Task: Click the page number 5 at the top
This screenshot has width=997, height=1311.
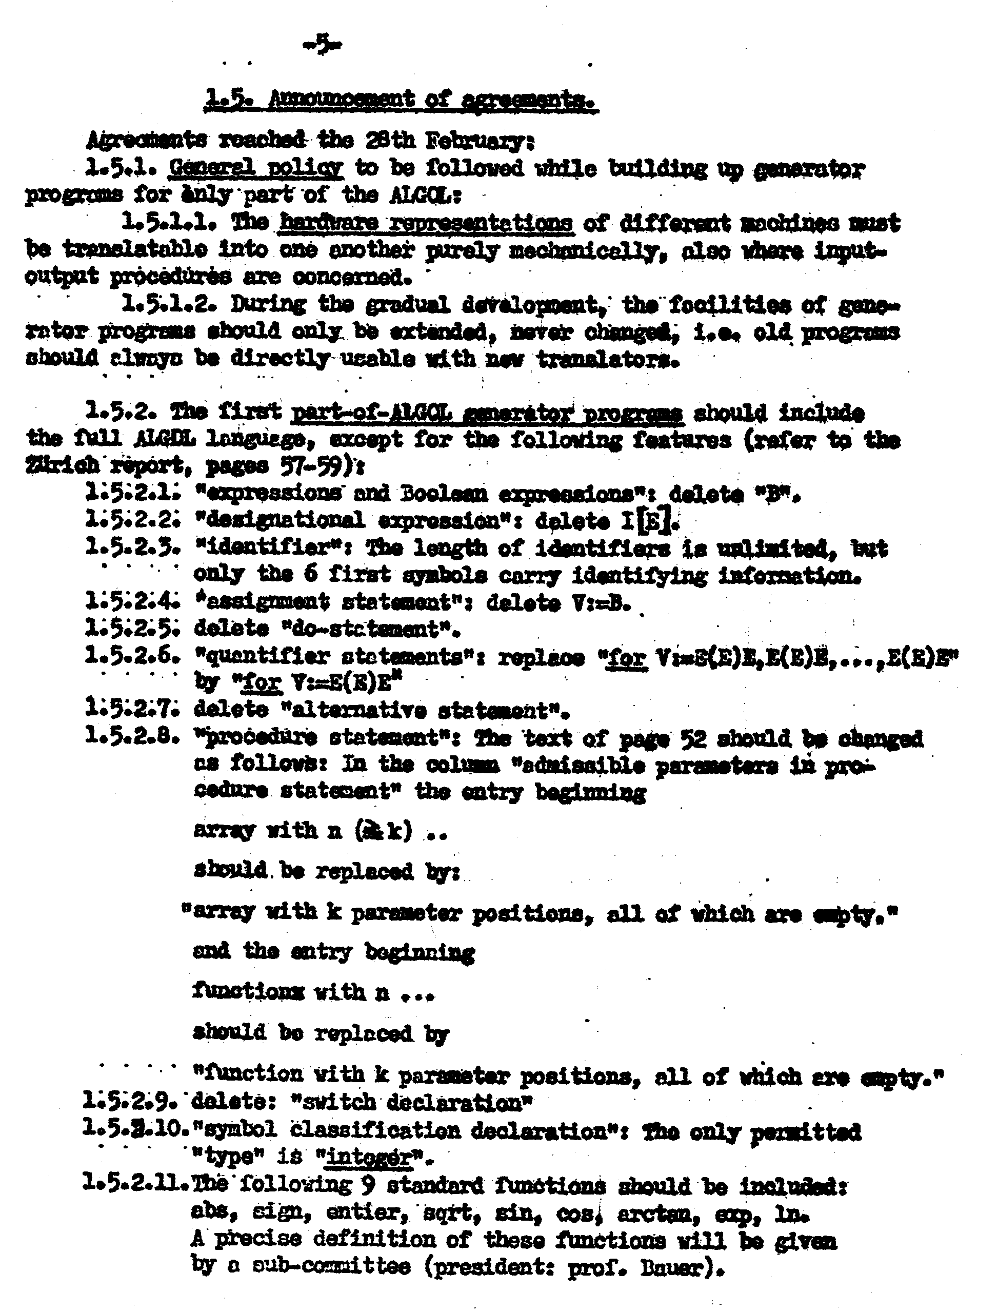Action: coord(323,45)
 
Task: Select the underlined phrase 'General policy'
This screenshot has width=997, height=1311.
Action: coord(256,169)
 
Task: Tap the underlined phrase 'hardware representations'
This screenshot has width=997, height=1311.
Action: coord(426,224)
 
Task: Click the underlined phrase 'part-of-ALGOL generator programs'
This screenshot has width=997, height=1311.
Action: coord(487,413)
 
